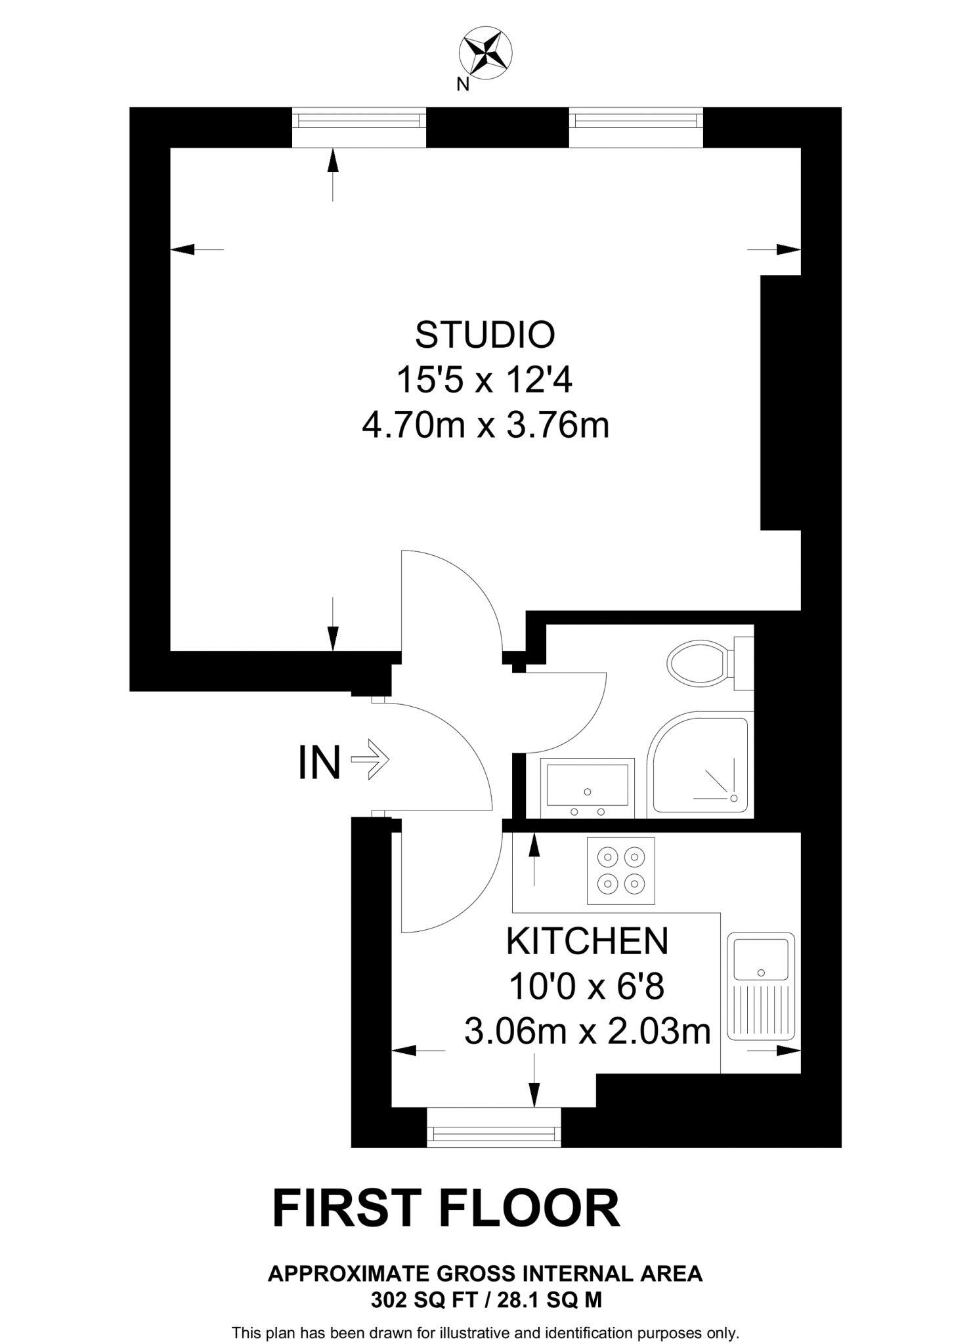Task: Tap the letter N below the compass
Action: (x=463, y=85)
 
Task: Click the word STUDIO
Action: (x=485, y=335)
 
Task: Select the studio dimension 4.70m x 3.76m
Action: (x=486, y=425)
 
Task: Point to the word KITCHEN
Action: (x=587, y=942)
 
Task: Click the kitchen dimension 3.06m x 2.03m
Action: (x=588, y=1032)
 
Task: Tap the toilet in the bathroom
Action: (x=698, y=662)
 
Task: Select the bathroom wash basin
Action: (x=588, y=787)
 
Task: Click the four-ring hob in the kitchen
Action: (x=621, y=870)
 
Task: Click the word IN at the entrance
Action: (x=320, y=763)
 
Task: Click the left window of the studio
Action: (x=359, y=127)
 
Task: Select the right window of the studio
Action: (x=636, y=127)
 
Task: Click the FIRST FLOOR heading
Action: (x=446, y=1209)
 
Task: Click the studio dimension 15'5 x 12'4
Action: (x=485, y=380)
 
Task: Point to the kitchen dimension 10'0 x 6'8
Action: (x=587, y=986)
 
